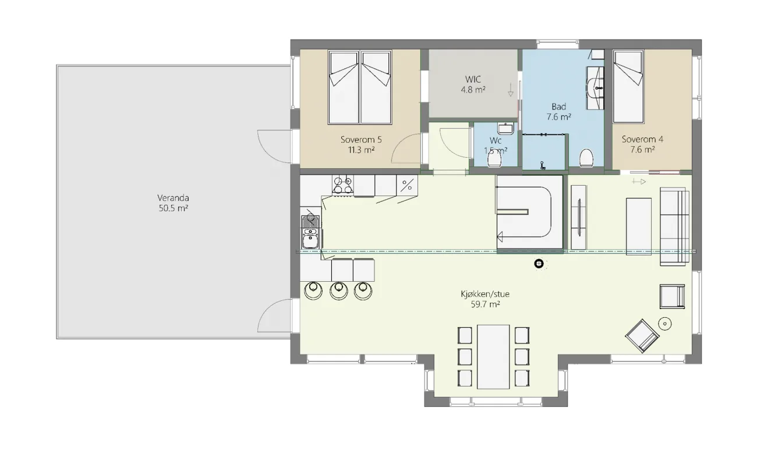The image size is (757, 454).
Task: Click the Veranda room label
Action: pos(173,198)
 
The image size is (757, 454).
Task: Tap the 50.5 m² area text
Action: pos(174,208)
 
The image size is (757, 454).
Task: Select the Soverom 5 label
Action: pos(361,139)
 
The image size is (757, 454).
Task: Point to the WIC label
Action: pos(473,79)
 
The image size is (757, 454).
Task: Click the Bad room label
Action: pos(558,107)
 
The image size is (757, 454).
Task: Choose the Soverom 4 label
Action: pos(642,139)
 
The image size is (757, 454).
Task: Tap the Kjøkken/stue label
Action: pos(485,294)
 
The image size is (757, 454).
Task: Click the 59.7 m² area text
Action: pos(485,304)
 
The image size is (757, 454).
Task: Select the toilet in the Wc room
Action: pos(494,160)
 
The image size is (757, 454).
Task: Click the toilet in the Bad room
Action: pos(586,158)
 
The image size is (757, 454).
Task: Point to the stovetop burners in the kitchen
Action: pos(342,185)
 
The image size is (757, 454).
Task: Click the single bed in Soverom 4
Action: pos(628,87)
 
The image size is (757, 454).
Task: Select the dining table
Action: pos(493,357)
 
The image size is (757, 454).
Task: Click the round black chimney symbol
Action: pos(539,264)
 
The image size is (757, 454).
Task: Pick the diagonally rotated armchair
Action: pos(642,336)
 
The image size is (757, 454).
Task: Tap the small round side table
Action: pos(665,324)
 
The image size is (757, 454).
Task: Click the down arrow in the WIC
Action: pos(511,90)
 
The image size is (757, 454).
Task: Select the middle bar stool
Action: pos(339,290)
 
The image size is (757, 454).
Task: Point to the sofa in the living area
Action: pos(674,226)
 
